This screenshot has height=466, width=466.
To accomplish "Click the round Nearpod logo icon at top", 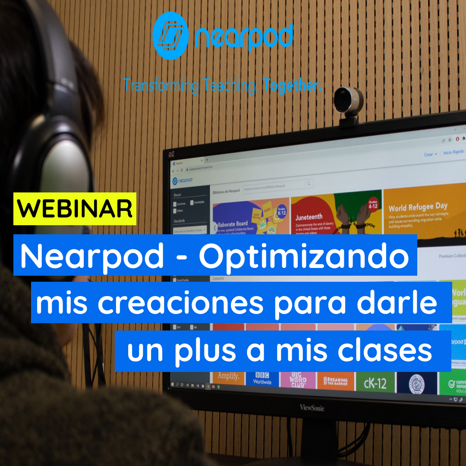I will [x=170, y=35].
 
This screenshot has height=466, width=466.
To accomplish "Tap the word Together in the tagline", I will [x=292, y=85].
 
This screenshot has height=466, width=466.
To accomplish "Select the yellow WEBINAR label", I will [x=75, y=209].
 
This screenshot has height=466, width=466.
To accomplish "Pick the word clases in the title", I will [x=384, y=351].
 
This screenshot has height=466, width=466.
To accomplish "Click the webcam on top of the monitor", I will [x=348, y=100].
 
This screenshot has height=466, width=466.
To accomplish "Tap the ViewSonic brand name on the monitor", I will [x=312, y=407].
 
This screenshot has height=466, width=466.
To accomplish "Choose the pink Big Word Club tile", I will [x=298, y=380].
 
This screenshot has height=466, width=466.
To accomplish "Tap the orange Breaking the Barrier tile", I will [x=335, y=382].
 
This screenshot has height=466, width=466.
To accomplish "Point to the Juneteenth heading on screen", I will [x=309, y=217].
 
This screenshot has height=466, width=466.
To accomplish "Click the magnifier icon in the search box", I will [x=309, y=184].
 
